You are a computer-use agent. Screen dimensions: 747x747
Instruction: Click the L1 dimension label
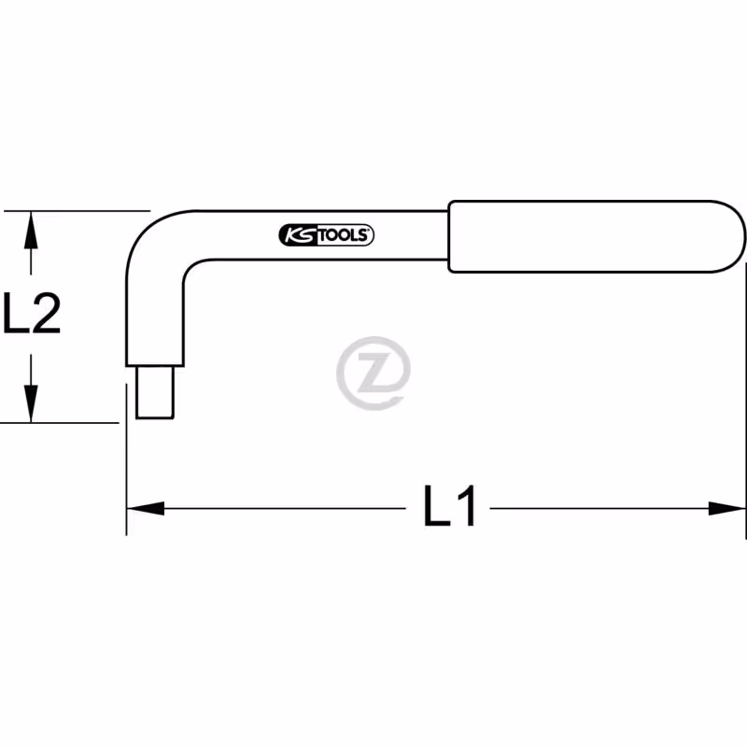point(450,505)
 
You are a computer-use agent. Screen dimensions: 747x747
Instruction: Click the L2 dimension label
point(32,313)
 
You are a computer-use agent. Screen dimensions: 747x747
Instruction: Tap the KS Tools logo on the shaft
point(326,235)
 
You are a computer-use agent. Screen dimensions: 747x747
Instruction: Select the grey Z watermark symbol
point(373,373)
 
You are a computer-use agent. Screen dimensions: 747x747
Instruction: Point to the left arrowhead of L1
point(146,508)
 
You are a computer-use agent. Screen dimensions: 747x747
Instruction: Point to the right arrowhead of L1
point(727,508)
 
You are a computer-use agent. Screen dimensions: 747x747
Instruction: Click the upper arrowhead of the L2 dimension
point(31,230)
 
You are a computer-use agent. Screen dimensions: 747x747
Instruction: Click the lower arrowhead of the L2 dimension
point(31,403)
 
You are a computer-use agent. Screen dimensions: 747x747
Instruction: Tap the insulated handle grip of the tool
point(597,236)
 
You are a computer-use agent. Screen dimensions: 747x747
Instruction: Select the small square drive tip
point(155,392)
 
